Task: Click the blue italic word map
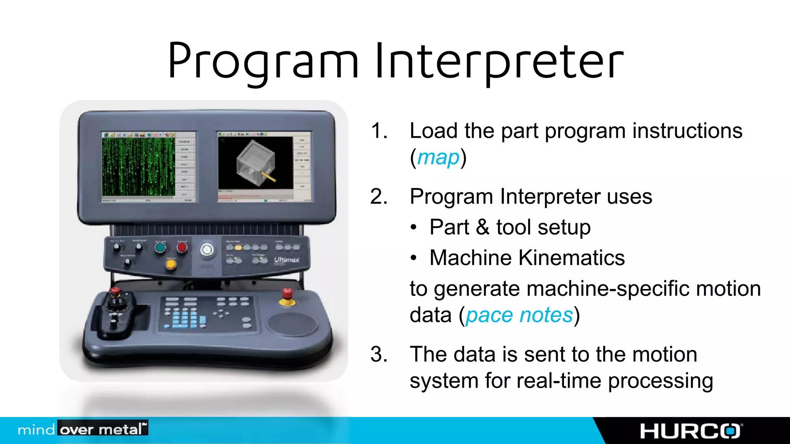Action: coord(438,157)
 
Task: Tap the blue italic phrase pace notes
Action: coord(519,315)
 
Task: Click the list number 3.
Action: coord(378,354)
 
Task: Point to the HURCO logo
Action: coord(690,431)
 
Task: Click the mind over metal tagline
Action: coord(83,429)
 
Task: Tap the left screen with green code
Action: coord(138,166)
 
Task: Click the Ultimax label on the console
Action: coord(287,260)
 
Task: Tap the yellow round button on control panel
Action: coord(170,264)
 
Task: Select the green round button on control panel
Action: coord(160,247)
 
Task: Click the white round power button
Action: coord(207,250)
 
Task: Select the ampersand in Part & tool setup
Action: coord(483,227)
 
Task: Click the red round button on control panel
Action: coord(182,247)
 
